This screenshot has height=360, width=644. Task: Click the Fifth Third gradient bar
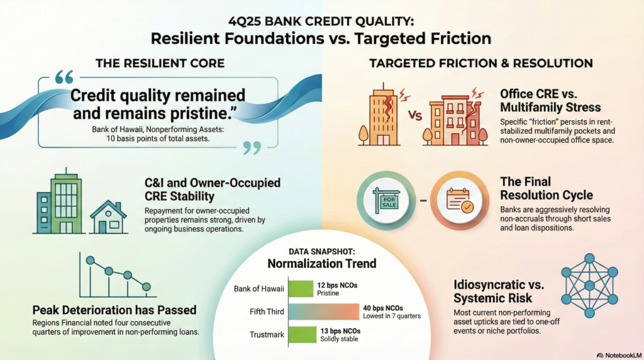(x=324, y=312)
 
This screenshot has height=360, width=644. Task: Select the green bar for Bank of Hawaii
(x=301, y=288)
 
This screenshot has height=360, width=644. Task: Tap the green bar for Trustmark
(x=303, y=335)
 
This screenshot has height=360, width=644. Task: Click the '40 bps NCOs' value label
(x=383, y=308)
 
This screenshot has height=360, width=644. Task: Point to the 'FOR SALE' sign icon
(x=386, y=201)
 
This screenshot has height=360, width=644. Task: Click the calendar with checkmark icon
(x=460, y=200)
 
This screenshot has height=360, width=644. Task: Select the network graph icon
(x=589, y=285)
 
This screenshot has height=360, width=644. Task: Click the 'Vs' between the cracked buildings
(x=415, y=115)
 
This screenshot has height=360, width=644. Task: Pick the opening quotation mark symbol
(x=64, y=77)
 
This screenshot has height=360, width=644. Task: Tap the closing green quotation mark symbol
(x=252, y=147)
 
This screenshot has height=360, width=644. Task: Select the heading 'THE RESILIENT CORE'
(x=160, y=64)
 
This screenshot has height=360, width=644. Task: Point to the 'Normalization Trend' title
(x=321, y=264)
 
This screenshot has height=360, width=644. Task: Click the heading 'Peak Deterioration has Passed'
(x=114, y=310)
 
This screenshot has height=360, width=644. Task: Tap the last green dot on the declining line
(x=146, y=286)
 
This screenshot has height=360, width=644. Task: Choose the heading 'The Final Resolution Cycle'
(x=547, y=188)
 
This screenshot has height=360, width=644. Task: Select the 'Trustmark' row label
(x=267, y=335)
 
